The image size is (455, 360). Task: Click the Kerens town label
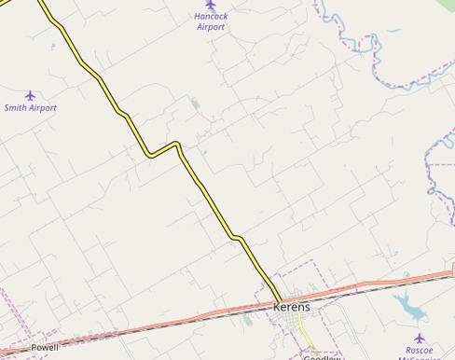292,307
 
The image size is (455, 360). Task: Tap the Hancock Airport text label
211,21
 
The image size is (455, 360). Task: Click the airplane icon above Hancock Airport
211,6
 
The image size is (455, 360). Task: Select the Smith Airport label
30,108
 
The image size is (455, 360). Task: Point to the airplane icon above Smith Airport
30,95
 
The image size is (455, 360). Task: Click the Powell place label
45,347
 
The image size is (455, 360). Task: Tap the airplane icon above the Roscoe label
419,337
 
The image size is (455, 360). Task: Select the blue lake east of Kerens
407,304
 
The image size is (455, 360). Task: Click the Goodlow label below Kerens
322,357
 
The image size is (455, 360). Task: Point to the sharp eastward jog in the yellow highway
163,148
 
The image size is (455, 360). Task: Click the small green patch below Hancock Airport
195,104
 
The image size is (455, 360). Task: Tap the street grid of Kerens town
303,322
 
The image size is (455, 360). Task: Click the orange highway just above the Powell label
56,338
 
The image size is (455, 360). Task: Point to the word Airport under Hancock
211,27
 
